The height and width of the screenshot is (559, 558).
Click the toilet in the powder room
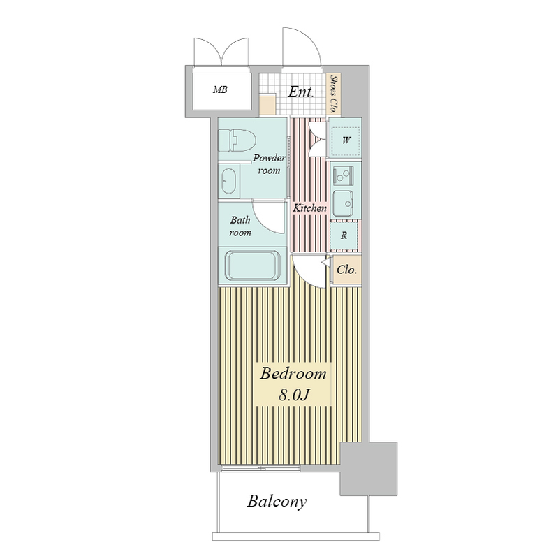click(237, 140)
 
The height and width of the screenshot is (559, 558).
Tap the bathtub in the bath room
click(253, 266)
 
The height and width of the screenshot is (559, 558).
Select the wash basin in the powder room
click(228, 181)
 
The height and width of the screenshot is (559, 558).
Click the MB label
click(220, 89)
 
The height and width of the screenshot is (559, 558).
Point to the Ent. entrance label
click(301, 92)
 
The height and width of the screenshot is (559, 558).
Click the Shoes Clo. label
click(334, 94)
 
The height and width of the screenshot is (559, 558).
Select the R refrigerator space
click(344, 235)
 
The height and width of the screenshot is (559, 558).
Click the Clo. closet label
click(346, 270)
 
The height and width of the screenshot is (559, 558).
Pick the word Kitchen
click(309, 208)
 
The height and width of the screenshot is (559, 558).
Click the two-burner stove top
click(343, 175)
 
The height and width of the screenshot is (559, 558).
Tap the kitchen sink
click(343, 203)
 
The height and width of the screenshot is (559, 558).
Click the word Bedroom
click(293, 374)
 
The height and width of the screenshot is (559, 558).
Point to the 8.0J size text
click(293, 395)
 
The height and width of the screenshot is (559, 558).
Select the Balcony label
click(277, 501)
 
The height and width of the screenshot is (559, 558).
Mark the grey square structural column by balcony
click(369, 469)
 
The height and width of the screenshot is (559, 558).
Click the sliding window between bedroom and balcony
click(260, 467)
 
